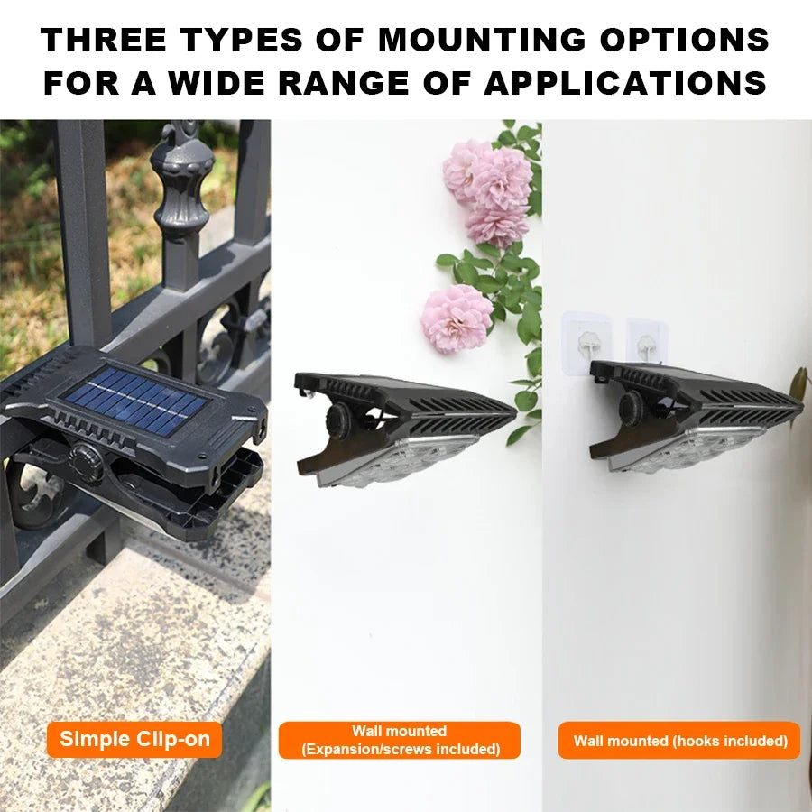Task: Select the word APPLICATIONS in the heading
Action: pyautogui.click(x=625, y=83)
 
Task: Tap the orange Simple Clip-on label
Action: pyautogui.click(x=134, y=740)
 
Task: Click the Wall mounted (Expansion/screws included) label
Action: pyautogui.click(x=400, y=740)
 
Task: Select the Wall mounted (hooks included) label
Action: pyautogui.click(x=679, y=741)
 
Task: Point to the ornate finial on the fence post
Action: pyautogui.click(x=181, y=180)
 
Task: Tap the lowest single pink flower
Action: pyautogui.click(x=457, y=318)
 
